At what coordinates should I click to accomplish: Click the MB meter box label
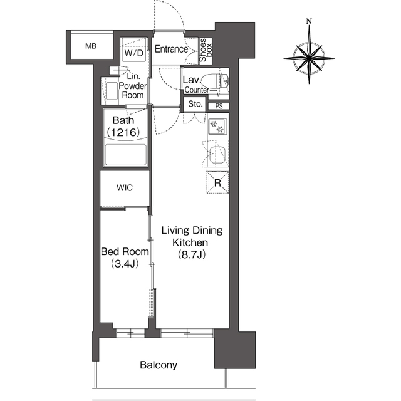(91, 46)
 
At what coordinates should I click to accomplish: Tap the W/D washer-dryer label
(134, 54)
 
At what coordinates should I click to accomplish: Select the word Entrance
(172, 49)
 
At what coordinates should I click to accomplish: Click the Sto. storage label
(194, 104)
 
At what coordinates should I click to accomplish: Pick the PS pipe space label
(219, 106)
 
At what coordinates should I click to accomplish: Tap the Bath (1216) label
(125, 126)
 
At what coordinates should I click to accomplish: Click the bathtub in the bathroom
(125, 154)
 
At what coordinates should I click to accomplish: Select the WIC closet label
(124, 187)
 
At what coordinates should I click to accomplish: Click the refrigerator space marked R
(217, 184)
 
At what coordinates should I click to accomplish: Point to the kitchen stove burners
(219, 128)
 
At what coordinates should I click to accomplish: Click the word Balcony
(158, 365)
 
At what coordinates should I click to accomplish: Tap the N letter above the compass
(309, 22)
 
